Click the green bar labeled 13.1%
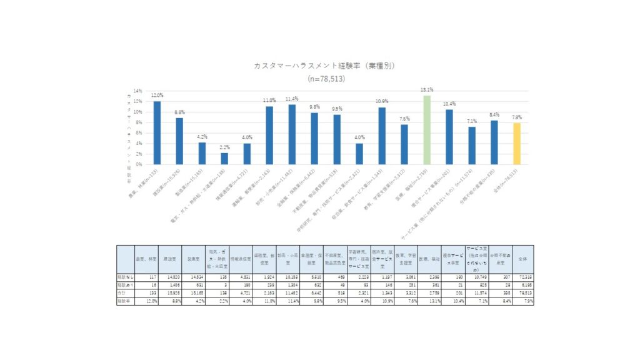click(x=427, y=130)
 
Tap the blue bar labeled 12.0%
click(x=157, y=132)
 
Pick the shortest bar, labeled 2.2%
click(x=224, y=159)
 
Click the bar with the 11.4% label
click(x=292, y=134)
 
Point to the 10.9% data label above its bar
click(x=381, y=101)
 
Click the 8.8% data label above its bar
click(x=179, y=112)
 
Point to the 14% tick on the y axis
click(x=139, y=91)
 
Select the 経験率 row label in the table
click(x=124, y=300)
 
